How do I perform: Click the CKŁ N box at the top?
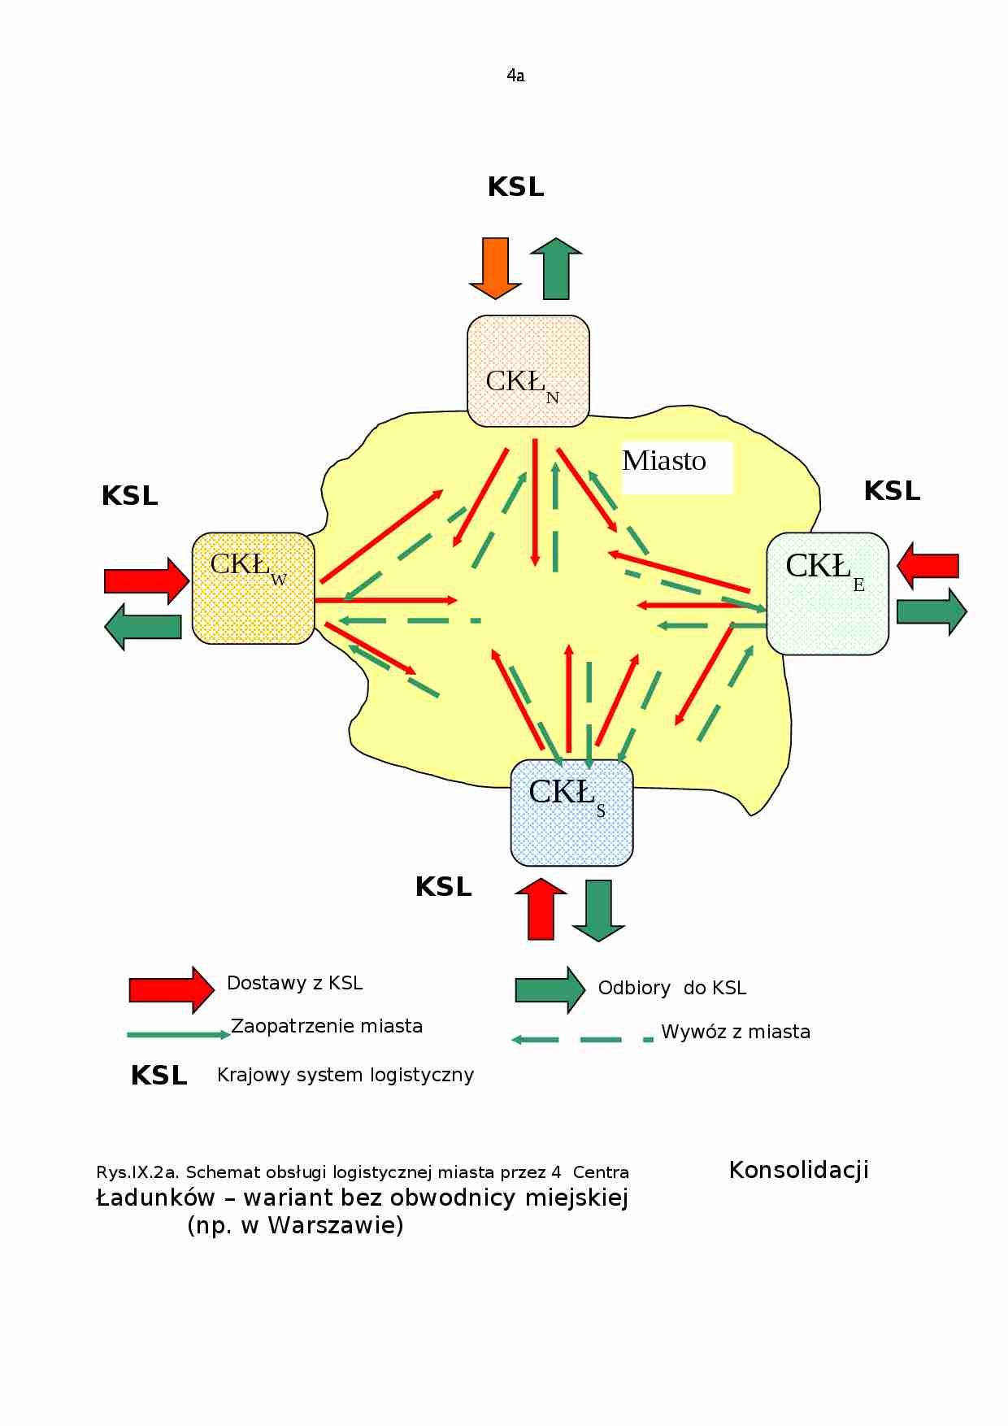tap(528, 371)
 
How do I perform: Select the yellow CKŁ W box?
tap(254, 589)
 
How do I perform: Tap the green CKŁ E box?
tap(828, 593)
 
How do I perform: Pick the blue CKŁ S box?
tap(571, 813)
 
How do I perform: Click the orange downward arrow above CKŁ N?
tap(495, 268)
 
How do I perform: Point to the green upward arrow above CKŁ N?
tap(556, 268)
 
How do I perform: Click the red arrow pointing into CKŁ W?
tap(147, 580)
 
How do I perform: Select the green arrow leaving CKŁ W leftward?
tap(143, 627)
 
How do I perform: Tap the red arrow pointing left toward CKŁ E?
tap(928, 566)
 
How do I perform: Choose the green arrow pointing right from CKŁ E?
tap(932, 611)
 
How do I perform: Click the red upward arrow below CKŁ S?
tap(541, 909)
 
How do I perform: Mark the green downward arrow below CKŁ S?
tap(598, 911)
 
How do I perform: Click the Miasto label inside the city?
tap(664, 461)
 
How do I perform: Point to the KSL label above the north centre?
tap(516, 187)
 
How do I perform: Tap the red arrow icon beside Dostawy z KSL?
tap(172, 990)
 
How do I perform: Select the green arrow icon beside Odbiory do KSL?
tap(550, 990)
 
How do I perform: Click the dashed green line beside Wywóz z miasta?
tap(582, 1040)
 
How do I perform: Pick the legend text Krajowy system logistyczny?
tap(345, 1075)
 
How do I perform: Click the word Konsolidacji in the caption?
tap(799, 1170)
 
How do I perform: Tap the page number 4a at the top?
tap(515, 76)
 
